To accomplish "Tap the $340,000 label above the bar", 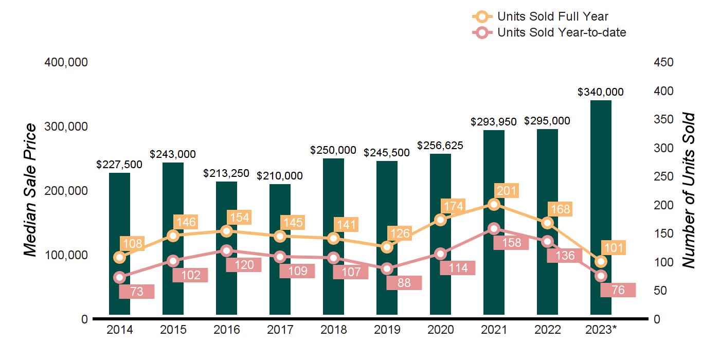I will (601, 92).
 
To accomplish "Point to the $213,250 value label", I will (227, 173).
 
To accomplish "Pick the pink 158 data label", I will (511, 243).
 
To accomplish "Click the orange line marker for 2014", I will (120, 257).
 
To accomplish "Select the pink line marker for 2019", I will (387, 268).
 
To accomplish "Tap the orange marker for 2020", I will (441, 220).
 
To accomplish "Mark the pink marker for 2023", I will (601, 276).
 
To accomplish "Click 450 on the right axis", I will (663, 62).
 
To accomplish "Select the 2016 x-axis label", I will (227, 330).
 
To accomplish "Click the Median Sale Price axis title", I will (31, 190).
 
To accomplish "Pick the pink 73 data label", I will (136, 292).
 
